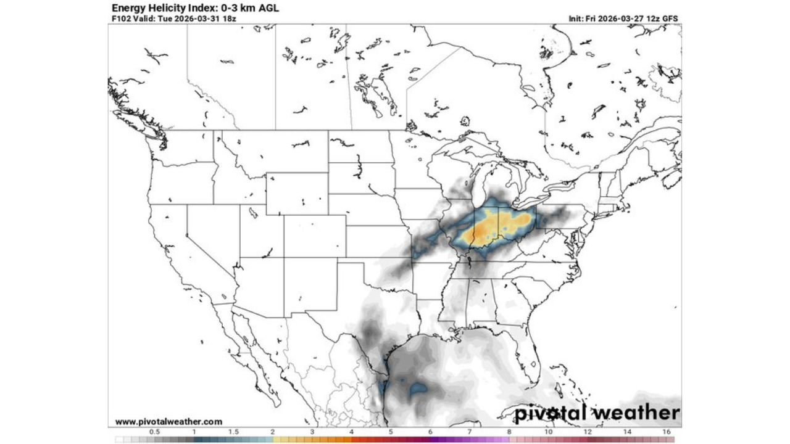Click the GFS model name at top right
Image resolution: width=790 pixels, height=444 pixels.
click(670, 18)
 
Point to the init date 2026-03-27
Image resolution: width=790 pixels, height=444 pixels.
click(624, 18)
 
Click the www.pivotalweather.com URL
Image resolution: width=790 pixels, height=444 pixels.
click(168, 422)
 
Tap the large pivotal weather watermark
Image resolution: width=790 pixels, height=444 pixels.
click(597, 413)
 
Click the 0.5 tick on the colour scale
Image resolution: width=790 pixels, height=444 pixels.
click(154, 432)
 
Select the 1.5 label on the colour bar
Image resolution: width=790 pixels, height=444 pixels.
click(233, 432)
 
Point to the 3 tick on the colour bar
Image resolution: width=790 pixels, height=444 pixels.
click(312, 432)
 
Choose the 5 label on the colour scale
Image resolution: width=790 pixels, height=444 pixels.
click(390, 432)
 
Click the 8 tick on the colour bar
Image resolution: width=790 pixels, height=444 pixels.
click(509, 432)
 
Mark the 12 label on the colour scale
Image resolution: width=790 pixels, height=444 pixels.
click(588, 432)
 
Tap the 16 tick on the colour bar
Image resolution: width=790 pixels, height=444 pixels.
click(667, 432)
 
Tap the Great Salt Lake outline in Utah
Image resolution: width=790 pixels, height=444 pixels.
click(253, 213)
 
